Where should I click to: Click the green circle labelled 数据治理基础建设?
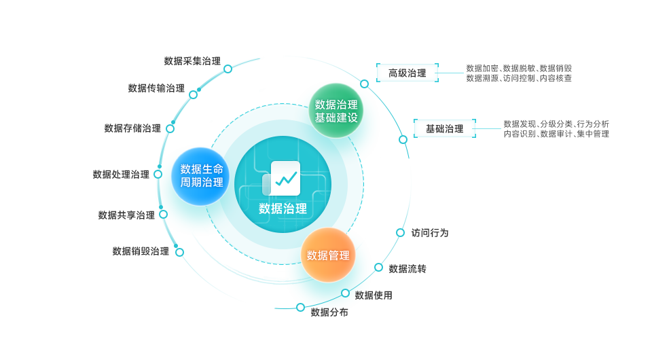pos(336,111)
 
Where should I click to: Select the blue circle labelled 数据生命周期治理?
pos(200,176)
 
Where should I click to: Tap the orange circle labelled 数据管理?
pos(328,255)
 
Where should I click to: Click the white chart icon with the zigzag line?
pos(285,178)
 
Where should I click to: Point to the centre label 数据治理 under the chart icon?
pos(283,209)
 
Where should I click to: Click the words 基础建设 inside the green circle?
pos(336,118)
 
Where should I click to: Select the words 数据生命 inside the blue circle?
pos(201,169)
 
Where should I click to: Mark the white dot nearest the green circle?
pos(364,84)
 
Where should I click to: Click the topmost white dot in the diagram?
pos(228,69)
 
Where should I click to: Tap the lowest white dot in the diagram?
pos(300,307)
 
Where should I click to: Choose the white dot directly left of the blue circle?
pos(158,174)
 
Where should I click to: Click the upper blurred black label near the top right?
pos(407,73)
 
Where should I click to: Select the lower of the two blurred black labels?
pos(445,128)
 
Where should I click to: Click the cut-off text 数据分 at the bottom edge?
pos(329,311)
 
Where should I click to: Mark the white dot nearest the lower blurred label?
pos(403,139)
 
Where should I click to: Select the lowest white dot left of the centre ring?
pos(179,252)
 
